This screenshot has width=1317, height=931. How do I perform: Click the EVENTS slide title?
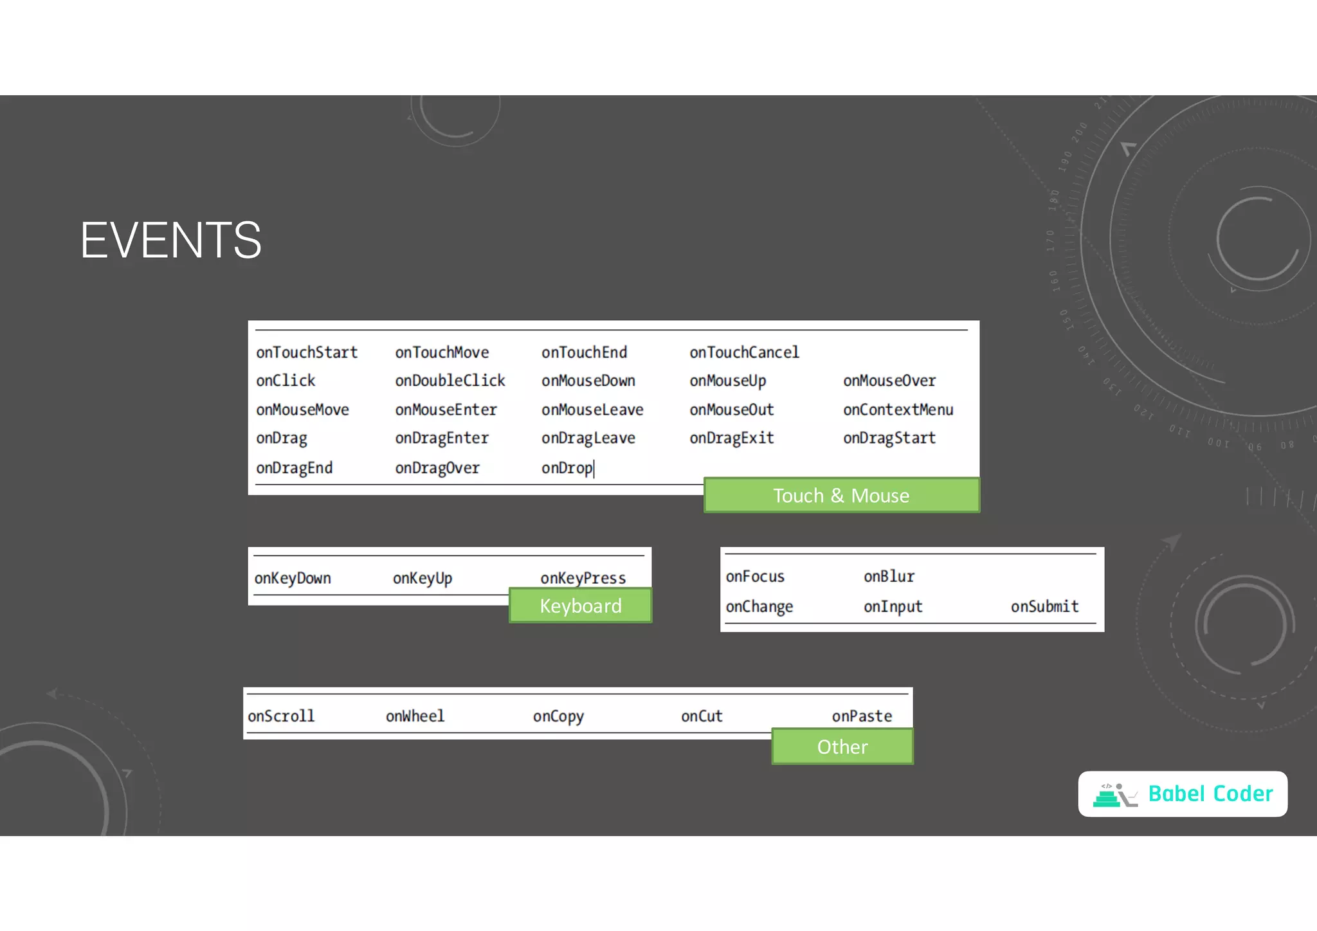171,240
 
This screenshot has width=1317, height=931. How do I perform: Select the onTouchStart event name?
307,352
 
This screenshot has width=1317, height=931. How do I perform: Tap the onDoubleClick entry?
450,381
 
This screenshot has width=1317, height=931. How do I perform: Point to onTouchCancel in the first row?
744,352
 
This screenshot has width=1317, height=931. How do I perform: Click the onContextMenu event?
898,410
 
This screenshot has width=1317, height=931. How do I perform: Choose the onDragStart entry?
889,438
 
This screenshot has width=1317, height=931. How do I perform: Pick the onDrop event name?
567,467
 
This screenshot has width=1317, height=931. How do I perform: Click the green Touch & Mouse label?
841,495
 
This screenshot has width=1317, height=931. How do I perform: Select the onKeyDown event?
293,578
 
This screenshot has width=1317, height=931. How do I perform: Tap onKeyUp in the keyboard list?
422,578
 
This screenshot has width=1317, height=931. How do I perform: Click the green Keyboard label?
580,606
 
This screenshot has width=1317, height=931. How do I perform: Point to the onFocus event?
755,577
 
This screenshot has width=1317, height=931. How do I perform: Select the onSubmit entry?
1044,606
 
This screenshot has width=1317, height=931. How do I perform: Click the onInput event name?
893,606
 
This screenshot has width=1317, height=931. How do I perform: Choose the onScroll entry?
281,716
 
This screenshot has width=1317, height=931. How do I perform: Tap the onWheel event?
415,716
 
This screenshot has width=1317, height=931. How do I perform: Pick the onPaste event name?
862,716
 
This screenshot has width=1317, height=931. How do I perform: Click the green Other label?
842,746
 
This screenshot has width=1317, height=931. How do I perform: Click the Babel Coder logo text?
1210,794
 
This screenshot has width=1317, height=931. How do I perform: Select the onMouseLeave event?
592,410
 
